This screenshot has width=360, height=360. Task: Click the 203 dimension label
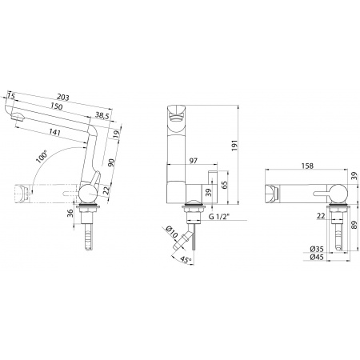(x=63, y=98)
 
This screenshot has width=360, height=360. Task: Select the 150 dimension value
(x=57, y=106)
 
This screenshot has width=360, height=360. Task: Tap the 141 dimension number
(x=55, y=132)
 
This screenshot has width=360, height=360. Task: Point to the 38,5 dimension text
(x=102, y=115)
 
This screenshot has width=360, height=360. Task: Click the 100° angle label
(x=42, y=157)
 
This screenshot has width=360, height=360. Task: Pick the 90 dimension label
(x=111, y=162)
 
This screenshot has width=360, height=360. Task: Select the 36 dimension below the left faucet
(x=70, y=213)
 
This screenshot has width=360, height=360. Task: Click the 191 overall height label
(x=234, y=146)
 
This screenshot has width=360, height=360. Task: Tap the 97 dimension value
(x=194, y=161)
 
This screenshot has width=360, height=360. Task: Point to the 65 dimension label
(x=224, y=185)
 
